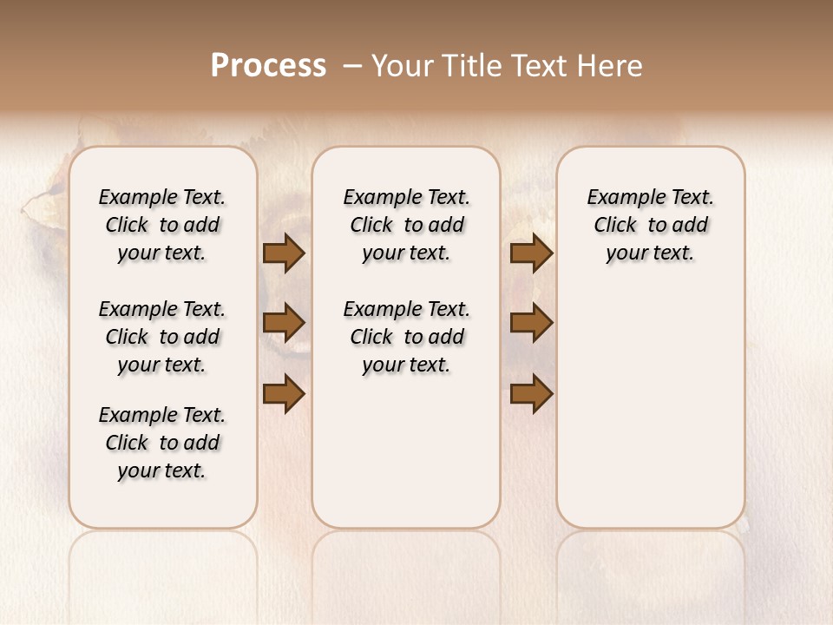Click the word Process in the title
[x=268, y=66]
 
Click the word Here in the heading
[x=611, y=66]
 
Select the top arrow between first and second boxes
[x=284, y=253]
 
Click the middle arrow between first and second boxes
[x=284, y=323]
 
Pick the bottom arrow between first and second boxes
[x=284, y=392]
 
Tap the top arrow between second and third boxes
[x=531, y=253]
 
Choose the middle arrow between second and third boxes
[x=531, y=323]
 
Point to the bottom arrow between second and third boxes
[x=531, y=392]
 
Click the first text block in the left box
[x=162, y=225]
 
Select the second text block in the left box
[x=162, y=337]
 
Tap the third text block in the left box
[x=162, y=443]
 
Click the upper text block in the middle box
[x=406, y=225]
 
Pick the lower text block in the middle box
[x=406, y=337]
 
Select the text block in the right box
[x=651, y=225]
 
